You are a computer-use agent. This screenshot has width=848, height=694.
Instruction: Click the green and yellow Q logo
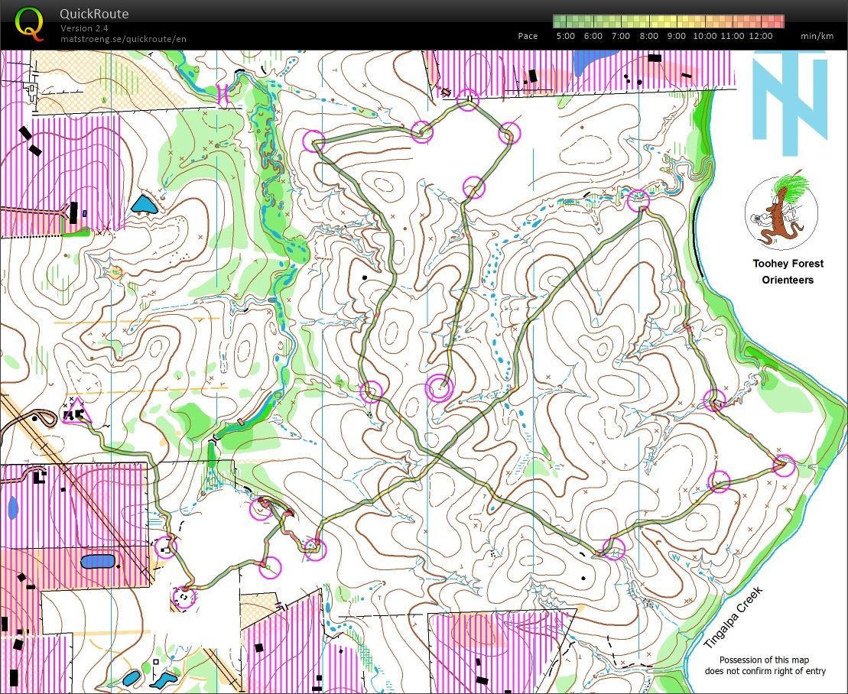pos(30,23)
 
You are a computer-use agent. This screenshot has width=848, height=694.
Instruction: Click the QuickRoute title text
pos(94,14)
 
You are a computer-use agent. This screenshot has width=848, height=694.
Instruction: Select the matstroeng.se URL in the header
pos(123,39)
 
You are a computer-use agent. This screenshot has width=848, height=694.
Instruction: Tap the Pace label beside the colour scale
pos(528,36)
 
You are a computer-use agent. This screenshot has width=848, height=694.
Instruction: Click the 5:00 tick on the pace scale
pos(565,36)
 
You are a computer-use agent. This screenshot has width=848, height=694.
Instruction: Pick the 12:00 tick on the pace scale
pos(761,36)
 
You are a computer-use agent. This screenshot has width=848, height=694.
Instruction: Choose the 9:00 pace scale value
pos(677,36)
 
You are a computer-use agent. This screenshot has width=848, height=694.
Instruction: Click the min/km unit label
pos(816,36)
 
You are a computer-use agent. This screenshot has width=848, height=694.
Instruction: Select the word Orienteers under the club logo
pos(788,280)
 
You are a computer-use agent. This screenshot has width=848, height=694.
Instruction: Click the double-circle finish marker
pos(440,388)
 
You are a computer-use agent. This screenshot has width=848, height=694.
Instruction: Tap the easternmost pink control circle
pos(784,465)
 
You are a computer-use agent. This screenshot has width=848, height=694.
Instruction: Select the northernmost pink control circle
pos(467,99)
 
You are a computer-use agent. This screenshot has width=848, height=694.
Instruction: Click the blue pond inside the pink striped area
pos(98,562)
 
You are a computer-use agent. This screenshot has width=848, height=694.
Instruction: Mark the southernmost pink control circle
pos(184,597)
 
